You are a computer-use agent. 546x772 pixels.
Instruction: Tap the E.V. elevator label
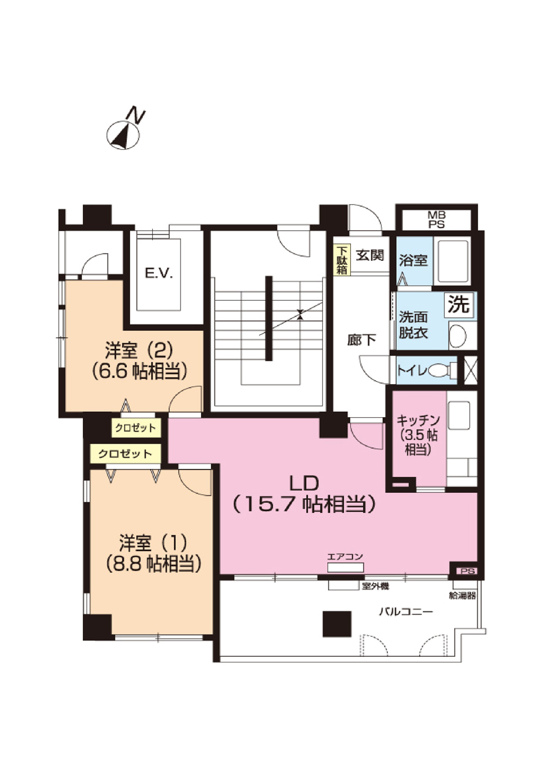(x=159, y=274)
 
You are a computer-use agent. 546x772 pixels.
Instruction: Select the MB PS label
(x=437, y=220)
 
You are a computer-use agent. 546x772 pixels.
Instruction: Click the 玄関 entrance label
(x=370, y=256)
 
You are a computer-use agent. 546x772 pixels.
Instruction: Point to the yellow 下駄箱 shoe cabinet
(x=341, y=260)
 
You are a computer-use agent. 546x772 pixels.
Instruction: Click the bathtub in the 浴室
(x=453, y=261)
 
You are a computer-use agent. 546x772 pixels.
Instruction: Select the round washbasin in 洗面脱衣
(x=457, y=335)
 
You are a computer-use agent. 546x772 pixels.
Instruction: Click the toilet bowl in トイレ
(x=439, y=371)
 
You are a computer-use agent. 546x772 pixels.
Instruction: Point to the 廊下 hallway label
(x=361, y=340)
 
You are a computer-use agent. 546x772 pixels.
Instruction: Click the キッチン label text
(x=418, y=421)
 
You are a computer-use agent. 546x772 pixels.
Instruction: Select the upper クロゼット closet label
(x=135, y=428)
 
